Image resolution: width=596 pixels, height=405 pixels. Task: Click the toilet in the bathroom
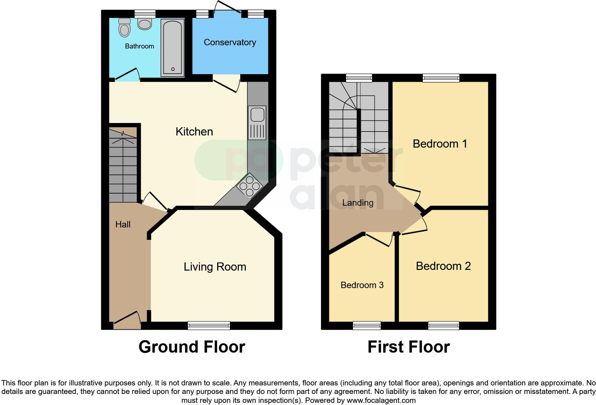124,27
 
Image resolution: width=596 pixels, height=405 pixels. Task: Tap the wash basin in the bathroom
145,24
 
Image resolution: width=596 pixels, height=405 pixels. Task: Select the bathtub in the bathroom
173,48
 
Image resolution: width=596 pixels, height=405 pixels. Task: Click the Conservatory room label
230,42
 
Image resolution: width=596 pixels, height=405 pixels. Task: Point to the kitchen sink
257,115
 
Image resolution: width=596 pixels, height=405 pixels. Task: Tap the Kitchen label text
194,132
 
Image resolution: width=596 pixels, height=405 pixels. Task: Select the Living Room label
215,267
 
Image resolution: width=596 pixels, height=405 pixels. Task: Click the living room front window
209,325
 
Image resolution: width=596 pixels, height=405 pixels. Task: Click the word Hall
123,224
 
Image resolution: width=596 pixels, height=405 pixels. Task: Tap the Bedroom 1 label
440,144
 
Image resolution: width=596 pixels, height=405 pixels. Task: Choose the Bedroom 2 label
443,266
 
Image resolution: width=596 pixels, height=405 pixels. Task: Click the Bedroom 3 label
362,285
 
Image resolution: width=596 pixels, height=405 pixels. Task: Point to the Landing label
358,203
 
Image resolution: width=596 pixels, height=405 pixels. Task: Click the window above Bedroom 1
441,77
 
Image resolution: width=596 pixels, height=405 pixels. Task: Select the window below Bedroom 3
367,325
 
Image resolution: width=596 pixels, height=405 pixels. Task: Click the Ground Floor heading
192,347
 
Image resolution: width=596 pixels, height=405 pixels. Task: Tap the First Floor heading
409,347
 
